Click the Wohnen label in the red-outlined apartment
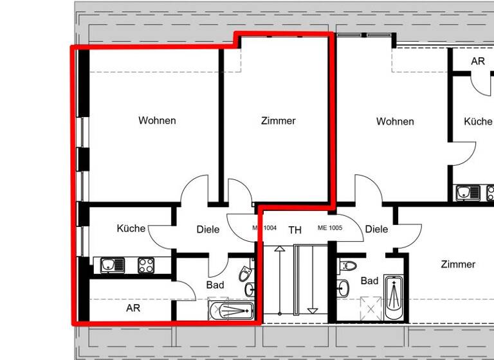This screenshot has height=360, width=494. [x=157, y=120]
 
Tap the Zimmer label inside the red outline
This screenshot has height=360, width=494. [x=278, y=121]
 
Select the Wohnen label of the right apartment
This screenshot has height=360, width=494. [x=395, y=122]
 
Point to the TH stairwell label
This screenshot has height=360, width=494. [x=295, y=230]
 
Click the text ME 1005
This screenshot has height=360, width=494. [x=330, y=228]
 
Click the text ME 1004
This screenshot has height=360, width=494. [x=264, y=228]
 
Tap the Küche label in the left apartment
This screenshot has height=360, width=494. [x=131, y=228]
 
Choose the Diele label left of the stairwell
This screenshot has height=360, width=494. [x=208, y=230]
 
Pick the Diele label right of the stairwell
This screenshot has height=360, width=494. [x=376, y=229]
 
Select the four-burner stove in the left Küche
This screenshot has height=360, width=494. [x=146, y=265]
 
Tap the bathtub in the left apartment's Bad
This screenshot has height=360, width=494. [x=232, y=310]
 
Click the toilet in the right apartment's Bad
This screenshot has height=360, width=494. [x=349, y=265]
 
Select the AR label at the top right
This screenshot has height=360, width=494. [x=477, y=62]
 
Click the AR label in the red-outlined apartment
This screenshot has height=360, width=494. [x=133, y=308]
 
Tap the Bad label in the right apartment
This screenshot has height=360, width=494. [x=369, y=281]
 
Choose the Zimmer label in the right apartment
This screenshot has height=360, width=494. [x=458, y=264]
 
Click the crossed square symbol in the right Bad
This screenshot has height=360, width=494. [x=370, y=308]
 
